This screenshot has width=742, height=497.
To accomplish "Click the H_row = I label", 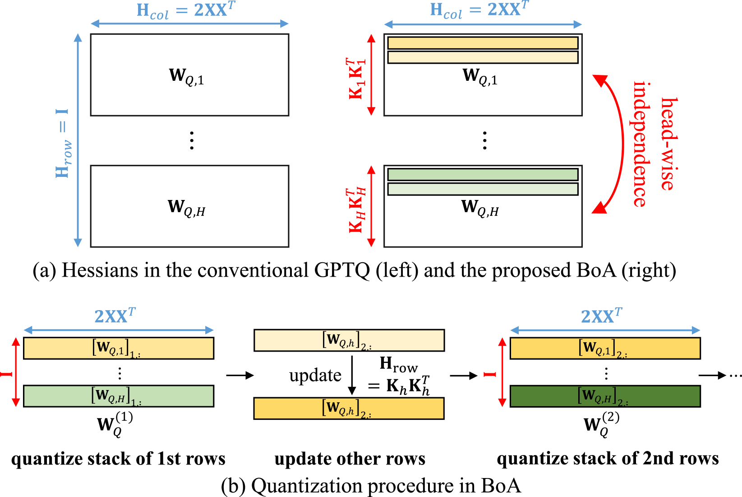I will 63,143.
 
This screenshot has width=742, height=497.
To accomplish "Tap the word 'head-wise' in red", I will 669,143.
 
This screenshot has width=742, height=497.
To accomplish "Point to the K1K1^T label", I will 356,78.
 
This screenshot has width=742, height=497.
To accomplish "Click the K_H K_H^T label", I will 356,210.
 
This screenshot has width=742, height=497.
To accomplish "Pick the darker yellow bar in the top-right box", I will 483,43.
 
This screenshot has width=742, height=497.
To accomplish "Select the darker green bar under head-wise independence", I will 483,175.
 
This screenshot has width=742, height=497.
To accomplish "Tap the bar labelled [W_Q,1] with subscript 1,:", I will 119,348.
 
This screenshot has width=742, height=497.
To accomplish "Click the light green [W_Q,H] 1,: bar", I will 119,396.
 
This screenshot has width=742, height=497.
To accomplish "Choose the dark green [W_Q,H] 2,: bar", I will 605,396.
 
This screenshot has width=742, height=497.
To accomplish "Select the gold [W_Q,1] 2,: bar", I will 605,348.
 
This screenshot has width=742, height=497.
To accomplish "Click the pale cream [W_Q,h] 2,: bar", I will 349,340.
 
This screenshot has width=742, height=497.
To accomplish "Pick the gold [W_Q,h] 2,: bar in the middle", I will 349,408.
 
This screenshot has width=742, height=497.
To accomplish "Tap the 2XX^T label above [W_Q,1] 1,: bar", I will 115,316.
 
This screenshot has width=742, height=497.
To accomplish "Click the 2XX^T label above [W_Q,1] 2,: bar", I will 601,316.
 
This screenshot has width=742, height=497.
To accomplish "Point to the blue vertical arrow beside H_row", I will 78,140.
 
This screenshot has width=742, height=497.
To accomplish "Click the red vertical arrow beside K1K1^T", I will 371,74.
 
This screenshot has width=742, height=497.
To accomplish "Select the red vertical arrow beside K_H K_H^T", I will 371,206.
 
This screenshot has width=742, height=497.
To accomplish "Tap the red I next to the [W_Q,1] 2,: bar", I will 489,374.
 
